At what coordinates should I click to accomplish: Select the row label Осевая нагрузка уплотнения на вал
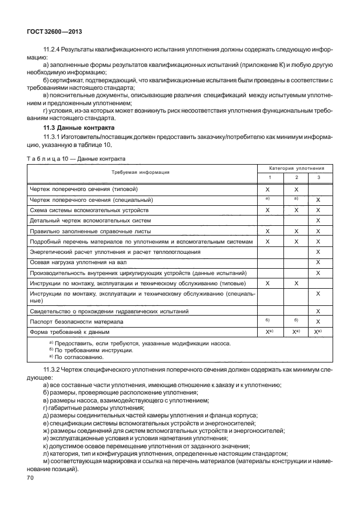(83, 262)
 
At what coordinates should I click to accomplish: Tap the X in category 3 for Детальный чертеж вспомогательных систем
(318, 220)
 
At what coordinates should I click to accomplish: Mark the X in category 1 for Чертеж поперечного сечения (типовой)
(267, 189)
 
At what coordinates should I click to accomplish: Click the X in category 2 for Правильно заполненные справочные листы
(296, 231)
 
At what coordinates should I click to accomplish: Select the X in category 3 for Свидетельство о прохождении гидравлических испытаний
(318, 312)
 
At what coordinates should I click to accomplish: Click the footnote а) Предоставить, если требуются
(140, 344)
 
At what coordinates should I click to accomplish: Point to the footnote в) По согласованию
(77, 357)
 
